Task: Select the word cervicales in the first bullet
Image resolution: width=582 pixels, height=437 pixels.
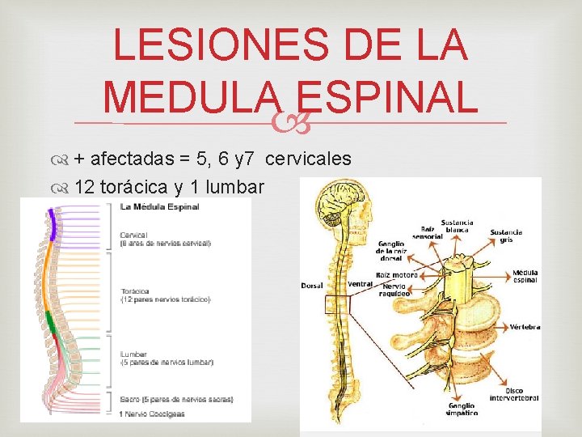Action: pyautogui.click(x=308, y=159)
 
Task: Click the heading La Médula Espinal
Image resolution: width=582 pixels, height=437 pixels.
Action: pyautogui.click(x=159, y=207)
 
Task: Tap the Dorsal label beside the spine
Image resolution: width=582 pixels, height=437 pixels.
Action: pyautogui.click(x=312, y=286)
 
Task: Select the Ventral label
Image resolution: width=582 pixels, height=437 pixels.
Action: pyautogui.click(x=361, y=284)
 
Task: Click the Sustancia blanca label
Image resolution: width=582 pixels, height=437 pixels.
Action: pyautogui.click(x=457, y=227)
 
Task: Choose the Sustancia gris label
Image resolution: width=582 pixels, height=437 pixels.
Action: pyautogui.click(x=506, y=236)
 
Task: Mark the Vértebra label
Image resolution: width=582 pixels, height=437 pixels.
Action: pyautogui.click(x=525, y=327)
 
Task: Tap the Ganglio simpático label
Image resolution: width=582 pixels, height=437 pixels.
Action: pyautogui.click(x=464, y=409)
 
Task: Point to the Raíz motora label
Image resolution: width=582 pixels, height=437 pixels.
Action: pyautogui.click(x=399, y=275)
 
